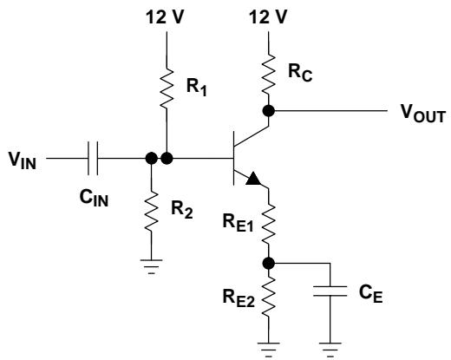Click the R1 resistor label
coord(197,87)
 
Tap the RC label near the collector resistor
coord(300,73)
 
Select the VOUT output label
coord(422,114)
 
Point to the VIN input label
coord(23,160)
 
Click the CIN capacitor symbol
coord(93,158)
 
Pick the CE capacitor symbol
coord(330,291)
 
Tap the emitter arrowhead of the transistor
coord(253,179)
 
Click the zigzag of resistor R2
coord(151,211)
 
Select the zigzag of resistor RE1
coord(269,224)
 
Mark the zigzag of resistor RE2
coord(269,296)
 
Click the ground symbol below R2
coord(151,266)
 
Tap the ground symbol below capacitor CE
coord(330,350)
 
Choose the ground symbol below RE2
coord(269,350)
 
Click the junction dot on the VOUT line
coord(269,111)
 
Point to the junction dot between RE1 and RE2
coord(269,264)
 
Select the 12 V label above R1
coord(165,16)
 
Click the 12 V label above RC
coord(268,16)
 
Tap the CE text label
coord(371,293)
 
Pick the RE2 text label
coord(239,298)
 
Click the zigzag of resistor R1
coord(167,88)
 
